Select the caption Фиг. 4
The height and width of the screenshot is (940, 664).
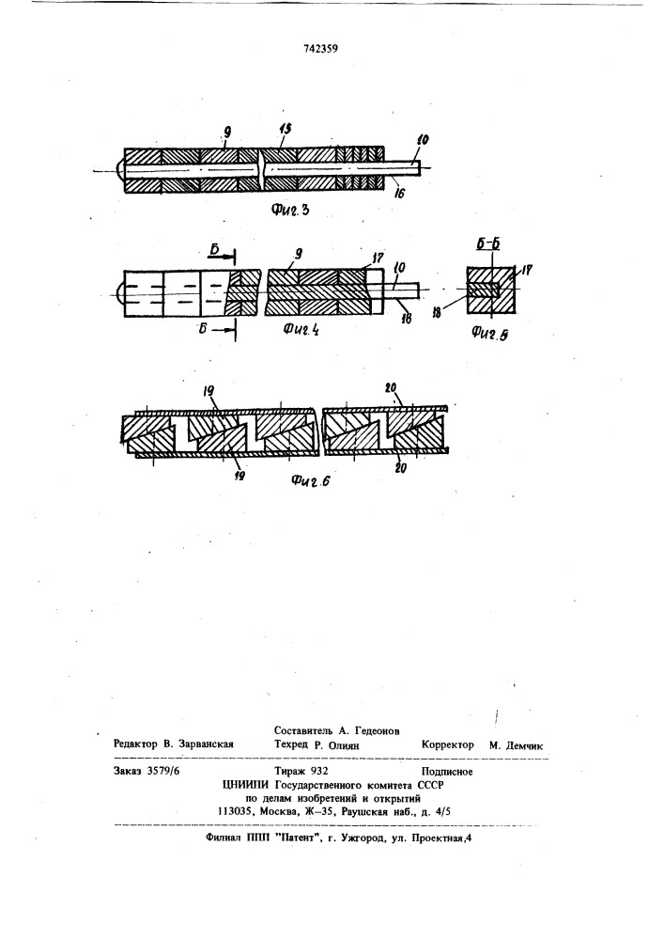click(x=300, y=328)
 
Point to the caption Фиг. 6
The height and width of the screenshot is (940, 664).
click(x=312, y=479)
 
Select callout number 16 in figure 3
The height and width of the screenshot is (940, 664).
click(x=399, y=193)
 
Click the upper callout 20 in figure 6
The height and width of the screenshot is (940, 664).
click(x=392, y=390)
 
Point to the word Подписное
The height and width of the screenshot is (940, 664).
click(x=447, y=772)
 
